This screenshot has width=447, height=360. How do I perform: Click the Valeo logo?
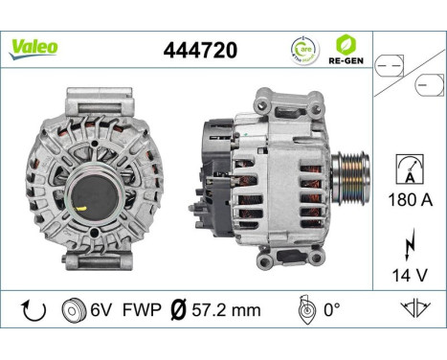pos(34,45)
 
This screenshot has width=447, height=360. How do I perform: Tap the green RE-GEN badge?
pos(344,47)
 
